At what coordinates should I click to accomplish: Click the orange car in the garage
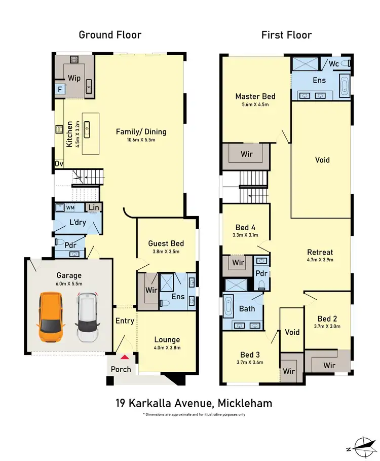click(x=50, y=317)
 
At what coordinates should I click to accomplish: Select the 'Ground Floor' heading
click(x=110, y=35)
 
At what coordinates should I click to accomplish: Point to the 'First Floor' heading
click(x=286, y=35)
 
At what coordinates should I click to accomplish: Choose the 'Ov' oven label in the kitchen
click(x=59, y=163)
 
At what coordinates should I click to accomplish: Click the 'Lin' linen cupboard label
click(x=94, y=207)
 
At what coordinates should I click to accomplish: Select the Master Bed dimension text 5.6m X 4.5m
click(x=255, y=105)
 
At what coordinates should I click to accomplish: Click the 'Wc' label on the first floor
click(x=334, y=64)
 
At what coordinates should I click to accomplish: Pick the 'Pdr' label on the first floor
click(x=262, y=273)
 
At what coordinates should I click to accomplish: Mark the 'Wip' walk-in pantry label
click(x=74, y=78)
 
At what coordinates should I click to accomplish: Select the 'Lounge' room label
click(x=167, y=339)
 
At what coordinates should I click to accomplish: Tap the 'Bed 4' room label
click(x=245, y=227)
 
